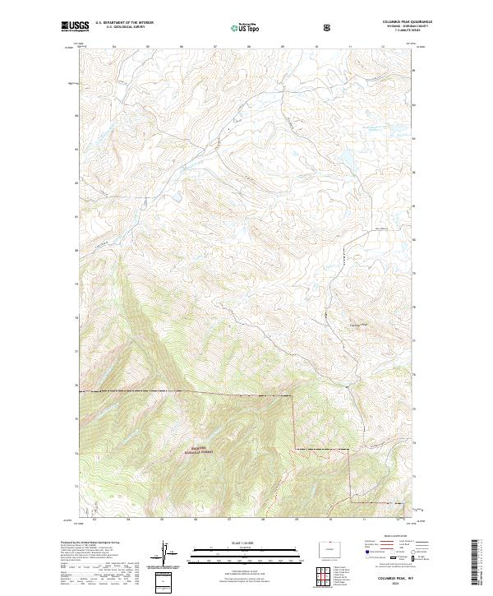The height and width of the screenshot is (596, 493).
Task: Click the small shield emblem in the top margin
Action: [329, 26]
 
